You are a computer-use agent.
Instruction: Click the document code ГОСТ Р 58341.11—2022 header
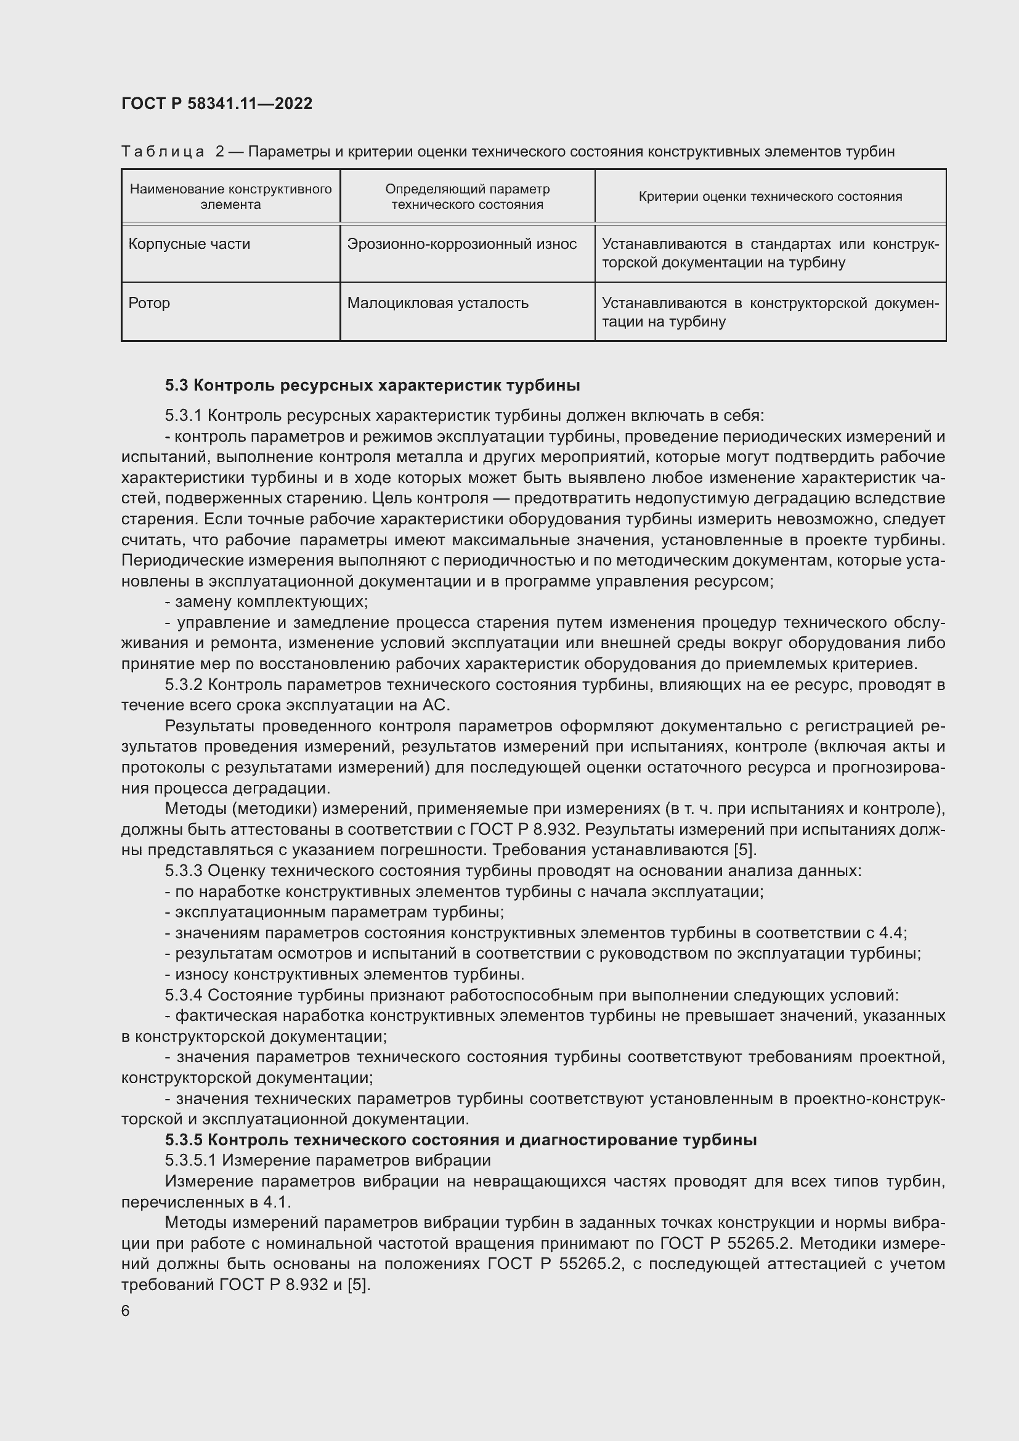point(216,104)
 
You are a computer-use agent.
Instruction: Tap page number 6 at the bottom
point(126,1310)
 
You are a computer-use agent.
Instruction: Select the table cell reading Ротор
point(149,303)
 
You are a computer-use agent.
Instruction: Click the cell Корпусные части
point(189,244)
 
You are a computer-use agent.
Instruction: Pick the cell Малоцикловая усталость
point(437,303)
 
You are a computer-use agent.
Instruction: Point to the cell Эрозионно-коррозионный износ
point(461,244)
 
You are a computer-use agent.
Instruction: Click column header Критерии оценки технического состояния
point(770,197)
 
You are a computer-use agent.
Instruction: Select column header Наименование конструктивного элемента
point(230,197)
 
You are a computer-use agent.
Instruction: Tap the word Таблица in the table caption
point(163,152)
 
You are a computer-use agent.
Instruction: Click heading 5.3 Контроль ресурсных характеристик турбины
point(372,384)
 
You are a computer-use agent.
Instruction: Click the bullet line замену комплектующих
point(266,602)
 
